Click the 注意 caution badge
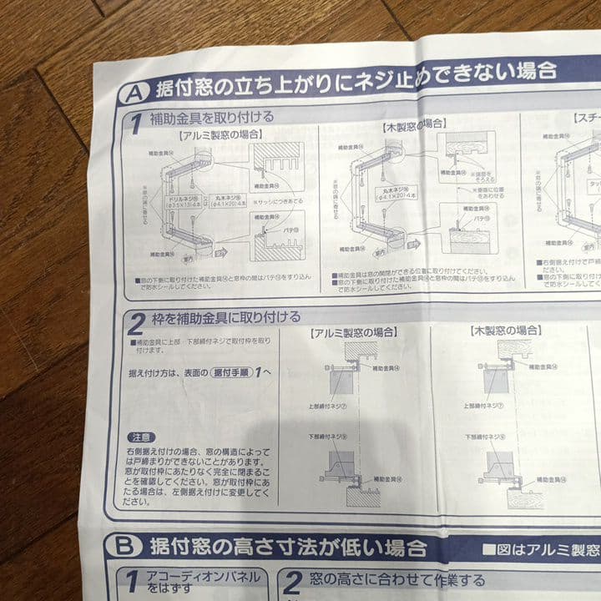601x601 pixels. pos(141,437)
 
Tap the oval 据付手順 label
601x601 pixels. pos(230,372)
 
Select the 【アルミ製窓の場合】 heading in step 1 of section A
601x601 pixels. pos(220,134)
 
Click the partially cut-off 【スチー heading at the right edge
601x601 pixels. pos(586,119)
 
